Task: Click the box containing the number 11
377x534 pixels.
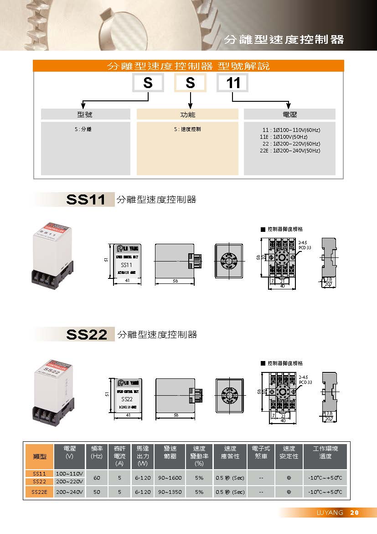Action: click(x=232, y=83)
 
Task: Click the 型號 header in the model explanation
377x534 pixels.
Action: click(x=85, y=114)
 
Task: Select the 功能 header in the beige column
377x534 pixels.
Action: click(x=187, y=114)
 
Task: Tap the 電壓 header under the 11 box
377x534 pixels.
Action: click(x=289, y=114)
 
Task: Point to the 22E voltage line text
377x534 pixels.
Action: click(x=290, y=151)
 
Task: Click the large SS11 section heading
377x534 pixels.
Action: click(x=86, y=199)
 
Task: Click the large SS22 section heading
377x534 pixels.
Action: click(x=87, y=335)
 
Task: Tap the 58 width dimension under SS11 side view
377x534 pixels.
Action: click(x=175, y=281)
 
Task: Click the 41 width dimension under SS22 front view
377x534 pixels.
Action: click(x=128, y=415)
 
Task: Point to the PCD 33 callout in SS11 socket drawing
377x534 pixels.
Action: click(x=305, y=247)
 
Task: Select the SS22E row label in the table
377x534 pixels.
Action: click(x=39, y=492)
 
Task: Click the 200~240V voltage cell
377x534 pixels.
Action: click(x=70, y=492)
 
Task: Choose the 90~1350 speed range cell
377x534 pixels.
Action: click(x=170, y=492)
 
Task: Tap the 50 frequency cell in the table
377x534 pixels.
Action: click(x=96, y=492)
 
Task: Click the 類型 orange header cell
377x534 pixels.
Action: click(x=40, y=456)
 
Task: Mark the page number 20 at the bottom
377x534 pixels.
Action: click(x=354, y=513)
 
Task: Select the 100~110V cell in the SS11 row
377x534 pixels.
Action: click(x=70, y=474)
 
